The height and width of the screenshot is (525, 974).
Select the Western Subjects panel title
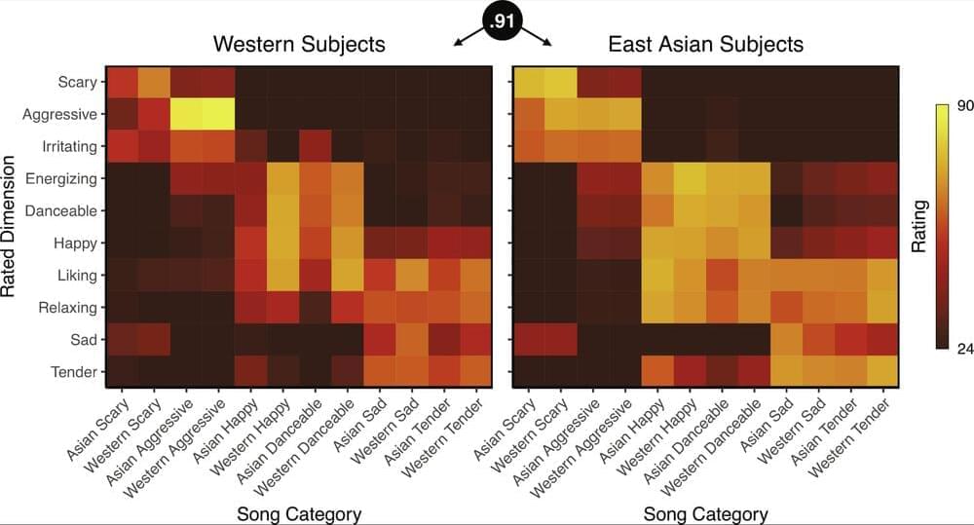[x=299, y=44]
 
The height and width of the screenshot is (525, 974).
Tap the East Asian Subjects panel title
[x=705, y=44]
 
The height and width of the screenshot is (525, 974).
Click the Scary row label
[x=78, y=82]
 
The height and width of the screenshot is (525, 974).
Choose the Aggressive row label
[x=67, y=114]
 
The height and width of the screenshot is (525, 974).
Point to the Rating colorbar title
[x=918, y=227]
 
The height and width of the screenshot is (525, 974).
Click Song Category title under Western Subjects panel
[x=299, y=513]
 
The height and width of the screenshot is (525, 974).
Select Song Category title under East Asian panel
[x=705, y=513]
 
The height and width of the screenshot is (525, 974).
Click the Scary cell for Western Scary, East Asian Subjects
[x=560, y=82]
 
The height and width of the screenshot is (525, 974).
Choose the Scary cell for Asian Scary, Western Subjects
[x=123, y=82]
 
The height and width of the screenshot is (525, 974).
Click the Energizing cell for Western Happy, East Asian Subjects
[x=690, y=178]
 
